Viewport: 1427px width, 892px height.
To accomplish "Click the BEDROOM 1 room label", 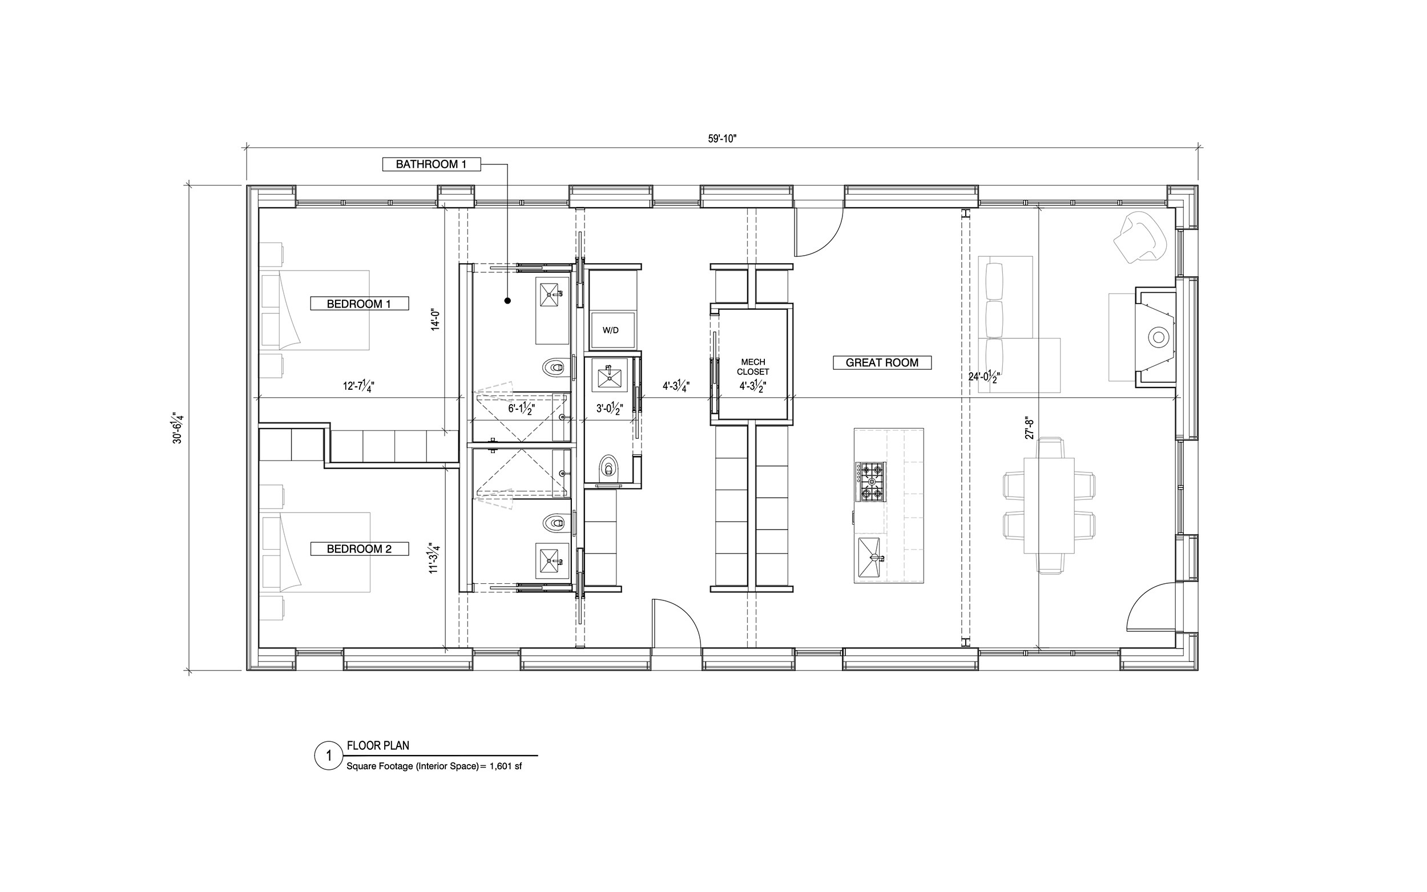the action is point(359,304).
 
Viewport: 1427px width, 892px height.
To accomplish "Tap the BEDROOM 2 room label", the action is point(359,548).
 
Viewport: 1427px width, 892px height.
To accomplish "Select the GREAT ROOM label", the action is point(882,363).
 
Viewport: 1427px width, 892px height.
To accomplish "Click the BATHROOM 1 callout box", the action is point(431,164).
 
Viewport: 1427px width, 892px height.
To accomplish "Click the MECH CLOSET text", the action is point(753,367).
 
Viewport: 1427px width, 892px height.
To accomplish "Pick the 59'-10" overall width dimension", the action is point(723,139).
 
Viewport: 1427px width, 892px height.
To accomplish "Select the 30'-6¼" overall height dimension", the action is point(178,429).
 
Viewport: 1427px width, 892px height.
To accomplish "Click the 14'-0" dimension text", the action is point(436,319).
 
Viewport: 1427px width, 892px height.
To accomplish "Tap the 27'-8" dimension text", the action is point(1030,428).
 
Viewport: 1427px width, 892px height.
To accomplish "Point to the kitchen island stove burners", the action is point(870,482).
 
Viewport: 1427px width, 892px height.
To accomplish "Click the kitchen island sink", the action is point(869,558).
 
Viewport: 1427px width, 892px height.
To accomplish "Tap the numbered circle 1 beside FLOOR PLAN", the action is point(329,756).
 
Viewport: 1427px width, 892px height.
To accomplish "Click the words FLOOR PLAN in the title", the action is point(378,746).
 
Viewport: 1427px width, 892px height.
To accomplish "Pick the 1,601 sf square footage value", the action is point(506,767).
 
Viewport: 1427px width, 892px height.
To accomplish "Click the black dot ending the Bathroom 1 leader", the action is point(507,301).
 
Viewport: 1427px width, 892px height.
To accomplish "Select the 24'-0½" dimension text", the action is point(983,377).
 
